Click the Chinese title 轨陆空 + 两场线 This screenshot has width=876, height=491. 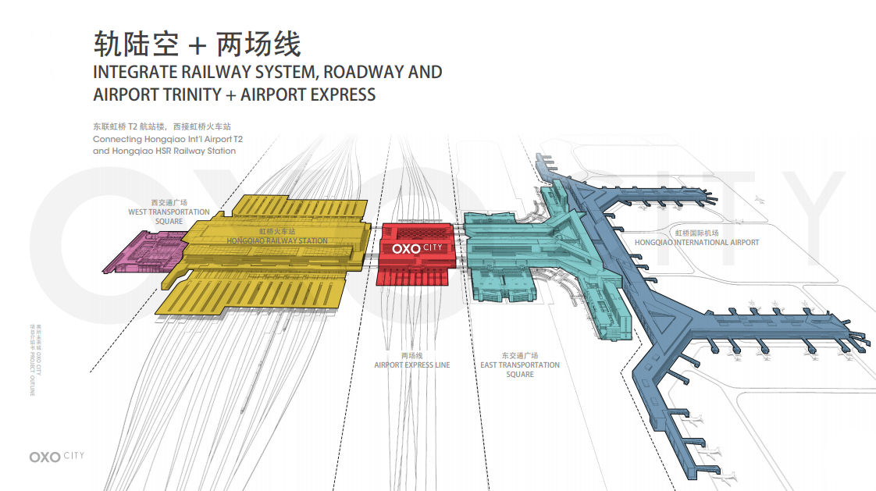(197, 44)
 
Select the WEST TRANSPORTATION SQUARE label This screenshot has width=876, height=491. (169, 216)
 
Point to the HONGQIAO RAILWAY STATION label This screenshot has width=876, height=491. (277, 241)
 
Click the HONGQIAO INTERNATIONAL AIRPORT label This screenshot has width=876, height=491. (697, 243)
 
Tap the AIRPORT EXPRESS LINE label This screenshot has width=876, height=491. (411, 365)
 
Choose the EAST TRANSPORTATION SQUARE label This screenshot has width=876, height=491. (520, 369)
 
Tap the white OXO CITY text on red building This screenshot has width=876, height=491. (417, 248)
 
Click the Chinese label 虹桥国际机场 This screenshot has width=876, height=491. (696, 233)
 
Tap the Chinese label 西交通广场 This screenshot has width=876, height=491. (169, 202)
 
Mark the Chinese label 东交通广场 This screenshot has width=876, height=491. (520, 355)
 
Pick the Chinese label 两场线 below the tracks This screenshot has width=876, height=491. (411, 356)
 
